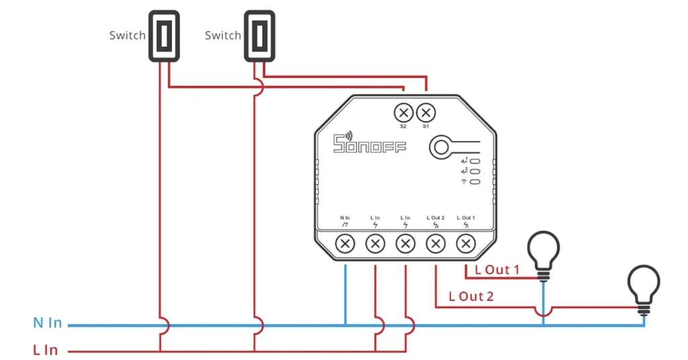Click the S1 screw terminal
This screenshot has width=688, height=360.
tap(425, 113)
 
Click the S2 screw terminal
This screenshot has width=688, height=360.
tap(404, 113)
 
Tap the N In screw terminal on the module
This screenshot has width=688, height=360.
tap(345, 243)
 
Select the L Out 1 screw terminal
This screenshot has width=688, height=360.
tap(466, 243)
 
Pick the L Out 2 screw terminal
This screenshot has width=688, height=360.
tap(435, 243)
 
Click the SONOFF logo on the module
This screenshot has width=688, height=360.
tap(370, 142)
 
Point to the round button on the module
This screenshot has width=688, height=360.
tap(441, 147)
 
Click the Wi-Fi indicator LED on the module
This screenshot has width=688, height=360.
tap(475, 181)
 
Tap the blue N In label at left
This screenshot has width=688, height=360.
tap(48, 323)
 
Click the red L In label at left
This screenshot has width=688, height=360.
tap(46, 350)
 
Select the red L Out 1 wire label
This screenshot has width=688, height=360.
tap(497, 270)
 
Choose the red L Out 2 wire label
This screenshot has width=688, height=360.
tap(471, 296)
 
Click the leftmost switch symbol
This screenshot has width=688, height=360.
tap(164, 36)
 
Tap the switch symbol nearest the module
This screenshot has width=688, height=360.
tap(260, 36)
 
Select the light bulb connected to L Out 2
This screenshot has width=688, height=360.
tap(644, 290)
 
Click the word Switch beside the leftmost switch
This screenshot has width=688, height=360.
tap(127, 35)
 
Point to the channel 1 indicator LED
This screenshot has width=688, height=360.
tap(475, 161)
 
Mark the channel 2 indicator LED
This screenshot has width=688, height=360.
tap(475, 171)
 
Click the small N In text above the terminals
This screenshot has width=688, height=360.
tap(345, 218)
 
